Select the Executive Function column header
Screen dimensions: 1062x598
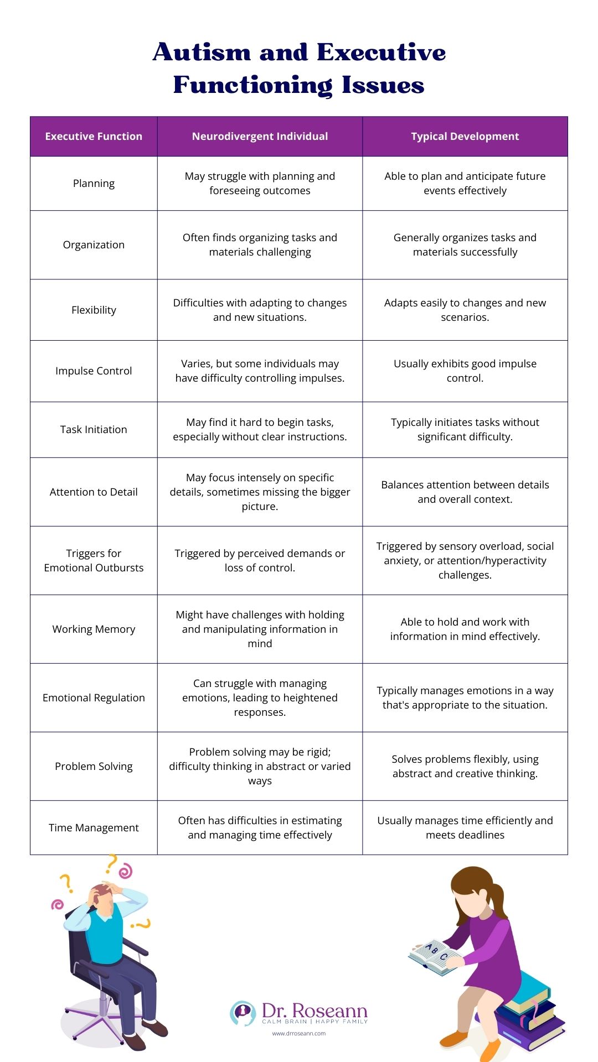(94, 137)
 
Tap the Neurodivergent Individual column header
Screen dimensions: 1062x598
(260, 137)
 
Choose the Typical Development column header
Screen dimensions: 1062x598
(465, 137)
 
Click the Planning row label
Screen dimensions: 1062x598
(94, 184)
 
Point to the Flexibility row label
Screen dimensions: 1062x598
(94, 310)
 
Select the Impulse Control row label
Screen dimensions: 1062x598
(94, 371)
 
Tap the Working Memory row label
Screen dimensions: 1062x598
(94, 629)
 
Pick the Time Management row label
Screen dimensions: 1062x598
(94, 828)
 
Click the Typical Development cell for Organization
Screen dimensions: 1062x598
(465, 245)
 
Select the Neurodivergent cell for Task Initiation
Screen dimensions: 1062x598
(260, 430)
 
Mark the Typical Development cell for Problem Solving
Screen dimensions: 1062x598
(465, 767)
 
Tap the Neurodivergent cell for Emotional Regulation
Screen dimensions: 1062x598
(260, 698)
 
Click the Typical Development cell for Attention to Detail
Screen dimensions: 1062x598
(465, 492)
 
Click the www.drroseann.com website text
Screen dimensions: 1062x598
(299, 1033)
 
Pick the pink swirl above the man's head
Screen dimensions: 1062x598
(126, 871)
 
